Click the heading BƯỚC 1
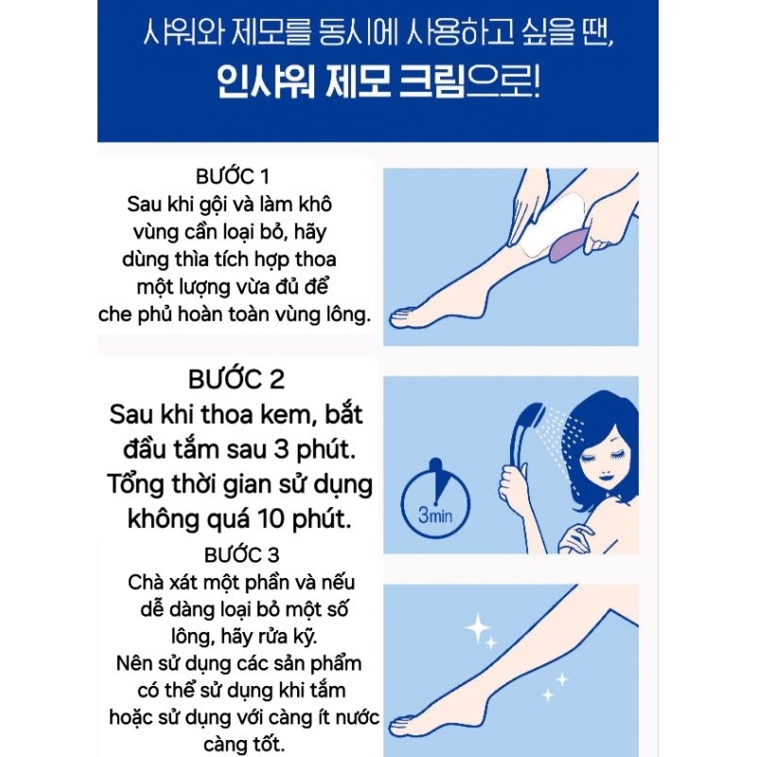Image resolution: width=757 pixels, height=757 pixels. tap(232, 177)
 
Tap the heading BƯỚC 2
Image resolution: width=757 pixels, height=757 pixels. tap(236, 379)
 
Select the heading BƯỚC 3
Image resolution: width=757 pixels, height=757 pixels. tap(241, 555)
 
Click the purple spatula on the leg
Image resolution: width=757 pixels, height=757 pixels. tap(570, 244)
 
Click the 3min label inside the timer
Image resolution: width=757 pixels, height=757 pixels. tap(435, 515)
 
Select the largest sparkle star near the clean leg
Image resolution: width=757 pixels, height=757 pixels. tap(478, 628)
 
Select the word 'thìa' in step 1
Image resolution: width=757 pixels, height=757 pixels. tap(194, 259)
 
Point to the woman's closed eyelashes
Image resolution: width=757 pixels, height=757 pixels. tap(590, 459)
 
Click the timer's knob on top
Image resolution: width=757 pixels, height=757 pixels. tap(435, 465)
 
